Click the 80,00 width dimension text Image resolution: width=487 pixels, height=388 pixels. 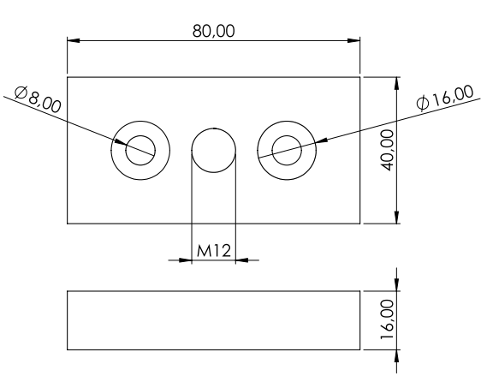tap(214, 32)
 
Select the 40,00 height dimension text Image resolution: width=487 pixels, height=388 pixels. tap(388, 150)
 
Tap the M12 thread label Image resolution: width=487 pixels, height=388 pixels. tap(214, 251)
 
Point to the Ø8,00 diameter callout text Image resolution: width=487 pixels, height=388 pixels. tap(38, 99)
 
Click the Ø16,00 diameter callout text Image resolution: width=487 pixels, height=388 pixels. tap(445, 98)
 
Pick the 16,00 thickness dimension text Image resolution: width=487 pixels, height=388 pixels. tap(388, 319)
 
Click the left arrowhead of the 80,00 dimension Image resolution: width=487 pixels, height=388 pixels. tap(74, 40)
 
